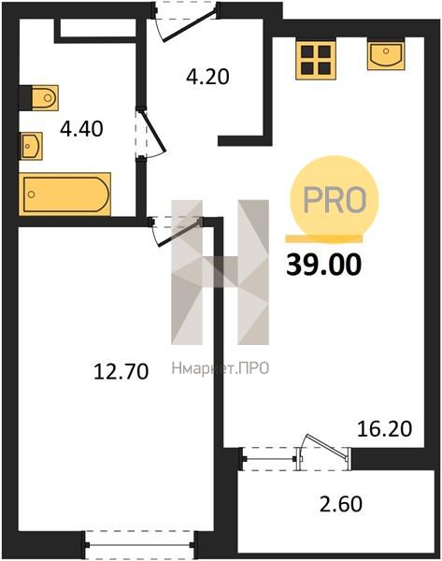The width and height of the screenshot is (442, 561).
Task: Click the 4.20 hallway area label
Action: [207, 77]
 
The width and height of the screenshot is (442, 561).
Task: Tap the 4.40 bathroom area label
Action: [81, 129]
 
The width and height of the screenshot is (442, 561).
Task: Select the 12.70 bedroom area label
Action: [121, 371]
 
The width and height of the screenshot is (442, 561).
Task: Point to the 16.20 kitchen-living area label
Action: [385, 428]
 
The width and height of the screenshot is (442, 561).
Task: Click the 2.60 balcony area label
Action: [340, 504]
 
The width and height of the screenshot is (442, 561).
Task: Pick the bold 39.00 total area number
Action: [324, 266]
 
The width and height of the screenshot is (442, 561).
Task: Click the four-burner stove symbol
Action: [316, 60]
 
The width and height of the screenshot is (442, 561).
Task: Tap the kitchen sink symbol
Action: [386, 54]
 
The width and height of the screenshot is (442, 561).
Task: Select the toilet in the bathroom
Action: [39, 97]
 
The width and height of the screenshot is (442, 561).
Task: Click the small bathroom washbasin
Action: [31, 146]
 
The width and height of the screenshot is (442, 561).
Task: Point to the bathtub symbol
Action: [64, 194]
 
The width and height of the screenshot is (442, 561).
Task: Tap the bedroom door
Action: [177, 233]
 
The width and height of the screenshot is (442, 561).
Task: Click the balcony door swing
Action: [323, 447]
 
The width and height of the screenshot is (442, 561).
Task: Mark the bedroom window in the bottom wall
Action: [140, 545]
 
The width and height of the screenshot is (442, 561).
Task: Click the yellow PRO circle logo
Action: [329, 199]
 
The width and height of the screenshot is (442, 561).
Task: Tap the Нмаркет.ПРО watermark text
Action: [221, 368]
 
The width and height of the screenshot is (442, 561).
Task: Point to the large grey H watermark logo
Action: [220, 272]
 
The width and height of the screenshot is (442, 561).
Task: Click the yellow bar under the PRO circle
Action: [324, 238]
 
